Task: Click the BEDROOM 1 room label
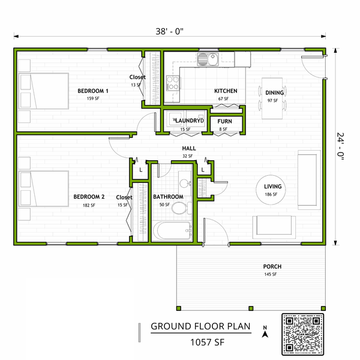point(92,91)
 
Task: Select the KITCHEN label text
point(226,91)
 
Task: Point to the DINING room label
point(275,92)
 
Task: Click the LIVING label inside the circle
point(272,187)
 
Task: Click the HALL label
point(188,149)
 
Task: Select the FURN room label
point(225,121)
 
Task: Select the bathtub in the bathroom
point(172,231)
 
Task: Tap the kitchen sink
point(208,59)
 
